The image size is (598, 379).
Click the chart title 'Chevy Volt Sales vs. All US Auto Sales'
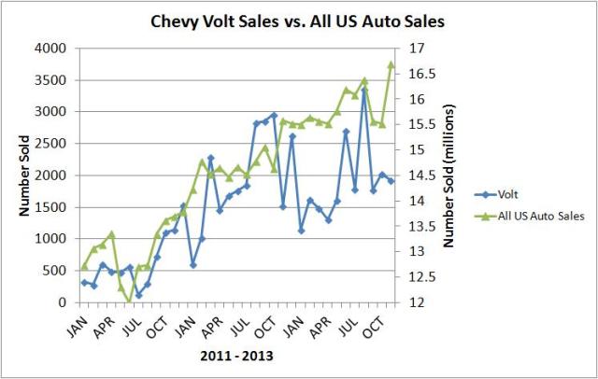298,20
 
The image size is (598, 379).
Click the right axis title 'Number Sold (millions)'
449,175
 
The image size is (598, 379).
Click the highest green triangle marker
392,64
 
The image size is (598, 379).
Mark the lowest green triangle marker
130,301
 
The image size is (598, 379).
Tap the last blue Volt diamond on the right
392,180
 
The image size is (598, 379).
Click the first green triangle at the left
84,267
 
